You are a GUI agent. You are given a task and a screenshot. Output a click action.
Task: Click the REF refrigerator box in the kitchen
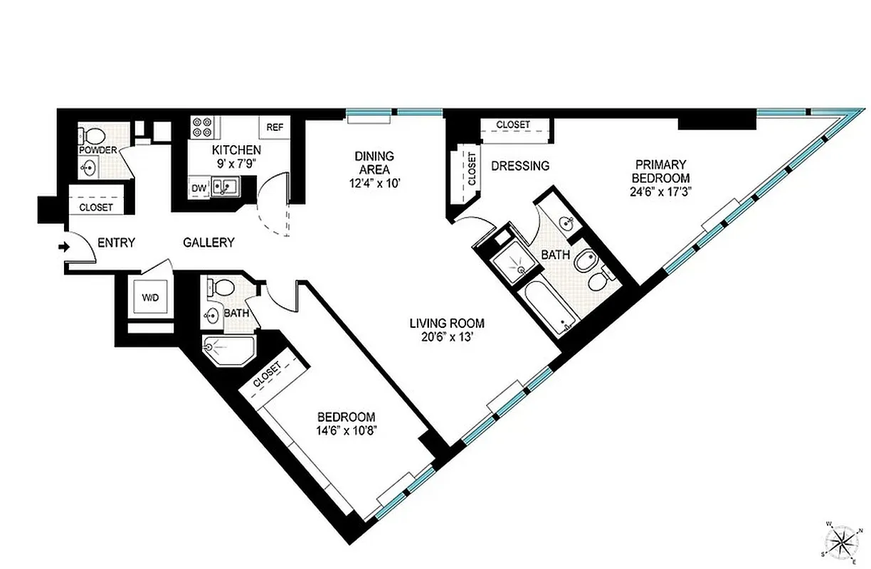[275, 128]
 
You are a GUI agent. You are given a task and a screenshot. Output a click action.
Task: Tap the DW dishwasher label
[199, 188]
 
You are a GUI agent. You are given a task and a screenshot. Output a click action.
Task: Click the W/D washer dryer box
[149, 296]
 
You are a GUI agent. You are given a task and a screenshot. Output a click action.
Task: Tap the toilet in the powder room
[93, 135]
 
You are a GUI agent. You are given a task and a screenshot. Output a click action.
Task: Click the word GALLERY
[208, 243]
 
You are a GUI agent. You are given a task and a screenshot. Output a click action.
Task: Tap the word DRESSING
[520, 166]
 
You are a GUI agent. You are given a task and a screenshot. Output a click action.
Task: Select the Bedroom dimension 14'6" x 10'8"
[347, 430]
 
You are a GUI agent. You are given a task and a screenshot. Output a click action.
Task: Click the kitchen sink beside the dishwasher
[228, 188]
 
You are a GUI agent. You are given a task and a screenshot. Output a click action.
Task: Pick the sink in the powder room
[88, 169]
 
